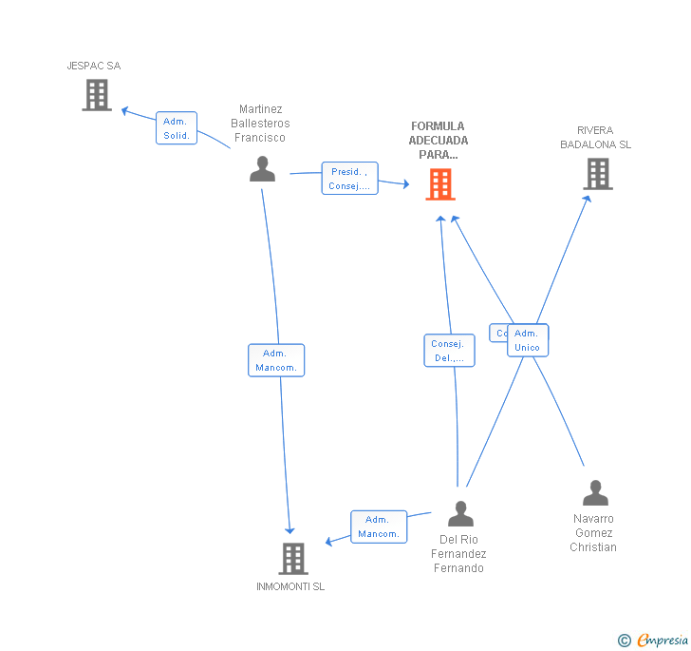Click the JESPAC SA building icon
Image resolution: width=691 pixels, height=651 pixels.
(97, 95)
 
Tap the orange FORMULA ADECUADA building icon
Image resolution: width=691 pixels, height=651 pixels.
(440, 184)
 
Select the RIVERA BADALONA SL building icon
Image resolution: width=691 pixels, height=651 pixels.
(597, 174)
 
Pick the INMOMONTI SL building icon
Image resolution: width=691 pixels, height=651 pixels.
(294, 559)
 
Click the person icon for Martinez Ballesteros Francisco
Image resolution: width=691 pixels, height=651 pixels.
(262, 169)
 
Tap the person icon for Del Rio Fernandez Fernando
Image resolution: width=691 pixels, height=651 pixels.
(460, 514)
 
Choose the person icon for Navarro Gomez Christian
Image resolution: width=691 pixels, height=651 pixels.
(595, 493)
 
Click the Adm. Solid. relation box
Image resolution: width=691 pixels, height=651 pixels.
(177, 128)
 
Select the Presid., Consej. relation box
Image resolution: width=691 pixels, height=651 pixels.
(349, 179)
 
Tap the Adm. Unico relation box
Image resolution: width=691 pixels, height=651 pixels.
(528, 340)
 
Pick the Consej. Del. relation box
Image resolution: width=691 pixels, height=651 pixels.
(449, 351)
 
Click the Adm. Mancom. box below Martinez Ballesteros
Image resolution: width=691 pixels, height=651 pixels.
(276, 360)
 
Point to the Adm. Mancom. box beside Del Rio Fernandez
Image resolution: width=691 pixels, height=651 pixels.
(379, 527)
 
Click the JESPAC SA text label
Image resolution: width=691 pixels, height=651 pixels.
(94, 66)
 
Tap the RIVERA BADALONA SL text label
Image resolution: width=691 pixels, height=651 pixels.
(596, 138)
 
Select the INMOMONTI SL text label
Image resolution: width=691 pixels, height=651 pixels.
(290, 586)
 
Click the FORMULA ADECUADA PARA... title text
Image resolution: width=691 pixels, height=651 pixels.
(439, 140)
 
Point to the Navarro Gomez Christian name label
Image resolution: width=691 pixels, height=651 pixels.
(593, 533)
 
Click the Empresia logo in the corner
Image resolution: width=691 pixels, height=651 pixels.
(654, 640)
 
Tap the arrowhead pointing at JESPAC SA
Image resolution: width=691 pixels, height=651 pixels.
(124, 110)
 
